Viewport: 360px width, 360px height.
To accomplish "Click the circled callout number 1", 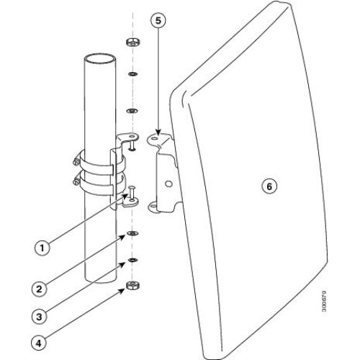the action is (x=42, y=248).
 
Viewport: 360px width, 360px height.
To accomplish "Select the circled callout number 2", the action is (x=39, y=289).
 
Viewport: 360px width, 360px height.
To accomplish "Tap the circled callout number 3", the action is (x=39, y=317).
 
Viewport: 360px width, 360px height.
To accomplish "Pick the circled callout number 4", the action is (x=39, y=343).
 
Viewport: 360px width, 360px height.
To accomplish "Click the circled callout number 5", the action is (x=158, y=20).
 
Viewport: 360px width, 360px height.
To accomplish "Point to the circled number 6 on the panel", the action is (x=269, y=186).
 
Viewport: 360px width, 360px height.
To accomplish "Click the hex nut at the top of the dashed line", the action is (x=133, y=42).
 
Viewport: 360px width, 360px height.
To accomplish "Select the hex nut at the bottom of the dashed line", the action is (x=133, y=285).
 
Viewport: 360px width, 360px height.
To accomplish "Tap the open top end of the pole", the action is (x=100, y=58).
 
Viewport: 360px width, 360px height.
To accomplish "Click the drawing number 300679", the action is (x=324, y=301).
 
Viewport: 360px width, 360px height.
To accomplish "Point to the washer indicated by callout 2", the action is (x=132, y=233).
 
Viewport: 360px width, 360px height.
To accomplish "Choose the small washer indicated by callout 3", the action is (x=132, y=260).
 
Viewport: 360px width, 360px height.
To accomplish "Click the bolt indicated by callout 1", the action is (x=132, y=192).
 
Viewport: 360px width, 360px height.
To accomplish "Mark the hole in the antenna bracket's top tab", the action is (x=156, y=138).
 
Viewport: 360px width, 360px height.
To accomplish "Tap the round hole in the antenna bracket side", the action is (x=169, y=184).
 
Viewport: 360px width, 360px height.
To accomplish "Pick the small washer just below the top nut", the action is (x=133, y=74).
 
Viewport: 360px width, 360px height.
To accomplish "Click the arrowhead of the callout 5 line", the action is (x=158, y=132).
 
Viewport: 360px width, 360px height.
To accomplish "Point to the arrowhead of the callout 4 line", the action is (x=122, y=291).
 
